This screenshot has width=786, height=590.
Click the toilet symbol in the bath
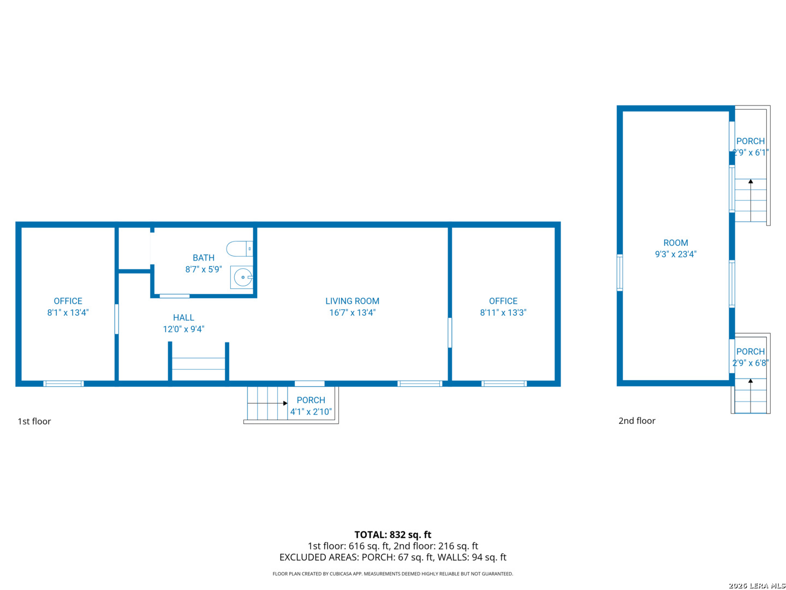[240, 249]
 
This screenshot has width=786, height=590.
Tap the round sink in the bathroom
[242, 278]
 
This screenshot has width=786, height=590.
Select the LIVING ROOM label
[352, 301]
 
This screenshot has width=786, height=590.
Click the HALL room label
[183, 317]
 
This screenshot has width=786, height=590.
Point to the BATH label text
[204, 258]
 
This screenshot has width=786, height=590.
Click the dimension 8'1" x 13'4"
[68, 312]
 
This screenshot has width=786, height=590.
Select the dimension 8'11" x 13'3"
[503, 312]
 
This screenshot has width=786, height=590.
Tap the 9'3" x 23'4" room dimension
[676, 254]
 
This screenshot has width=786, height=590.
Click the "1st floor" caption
[34, 421]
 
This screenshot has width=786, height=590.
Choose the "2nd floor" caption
[636, 421]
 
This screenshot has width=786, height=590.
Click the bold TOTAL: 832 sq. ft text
[392, 535]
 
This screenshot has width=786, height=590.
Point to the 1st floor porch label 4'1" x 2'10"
[311, 411]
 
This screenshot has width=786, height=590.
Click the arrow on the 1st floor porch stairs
[284, 403]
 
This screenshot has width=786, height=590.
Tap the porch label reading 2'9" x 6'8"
[750, 363]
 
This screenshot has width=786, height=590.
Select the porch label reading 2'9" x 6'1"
[751, 152]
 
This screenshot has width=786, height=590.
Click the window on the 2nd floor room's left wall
[620, 273]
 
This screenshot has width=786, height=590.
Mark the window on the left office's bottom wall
[63, 383]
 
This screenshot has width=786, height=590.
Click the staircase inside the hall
[198, 364]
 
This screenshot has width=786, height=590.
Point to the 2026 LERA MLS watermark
[757, 586]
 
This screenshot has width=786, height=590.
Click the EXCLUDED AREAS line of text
[392, 557]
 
